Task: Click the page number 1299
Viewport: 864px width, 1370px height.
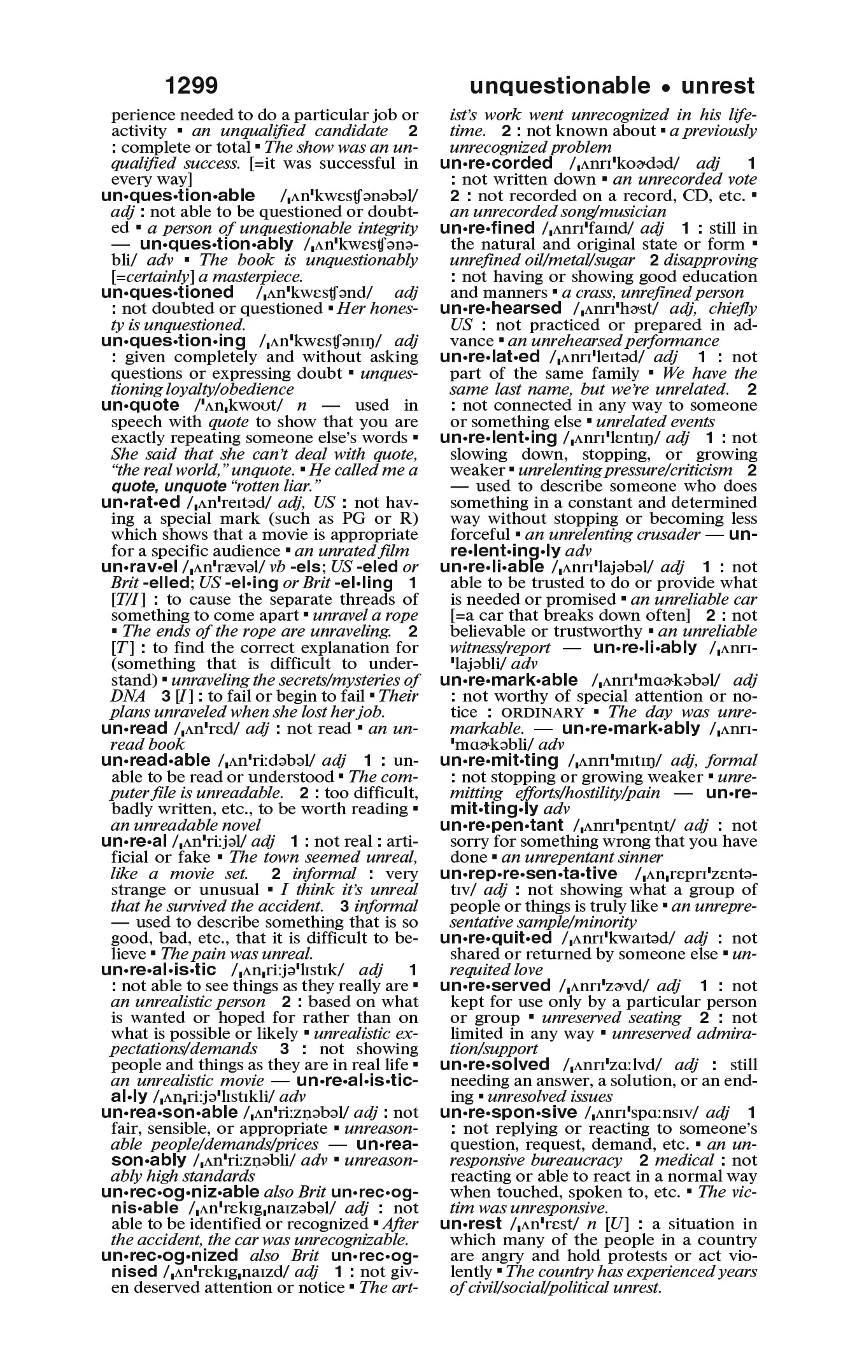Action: click(x=191, y=86)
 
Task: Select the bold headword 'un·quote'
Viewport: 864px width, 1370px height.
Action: click(x=140, y=406)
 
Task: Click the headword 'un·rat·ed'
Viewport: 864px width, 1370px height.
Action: click(x=141, y=502)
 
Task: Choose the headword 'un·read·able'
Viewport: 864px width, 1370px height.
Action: click(x=155, y=761)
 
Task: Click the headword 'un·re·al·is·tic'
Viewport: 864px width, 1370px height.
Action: click(x=159, y=970)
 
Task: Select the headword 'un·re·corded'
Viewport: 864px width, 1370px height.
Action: click(x=496, y=164)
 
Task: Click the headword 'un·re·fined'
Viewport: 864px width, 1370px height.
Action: click(x=487, y=228)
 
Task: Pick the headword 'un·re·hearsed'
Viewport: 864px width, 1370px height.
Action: click(x=500, y=309)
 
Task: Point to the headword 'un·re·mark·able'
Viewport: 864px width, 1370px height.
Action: click(x=509, y=681)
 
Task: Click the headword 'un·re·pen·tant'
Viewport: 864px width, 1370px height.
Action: click(x=502, y=826)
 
